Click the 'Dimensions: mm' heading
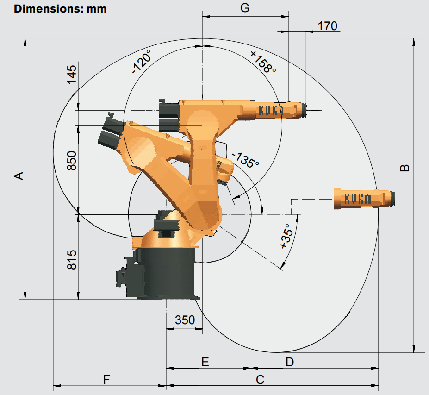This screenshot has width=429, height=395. pos(60,9)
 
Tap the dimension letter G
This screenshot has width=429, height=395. pos(245,8)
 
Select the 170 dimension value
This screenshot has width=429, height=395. pos(327,26)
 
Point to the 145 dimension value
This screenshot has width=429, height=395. pos(72,75)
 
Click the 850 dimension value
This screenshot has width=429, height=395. pos(72,161)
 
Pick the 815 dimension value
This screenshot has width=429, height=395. pos(72,259)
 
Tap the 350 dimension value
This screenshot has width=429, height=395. pos(185,320)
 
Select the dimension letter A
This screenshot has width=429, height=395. pos(19,176)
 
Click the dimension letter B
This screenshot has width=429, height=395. pos(404,168)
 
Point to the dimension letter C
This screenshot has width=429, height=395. pos(260,380)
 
